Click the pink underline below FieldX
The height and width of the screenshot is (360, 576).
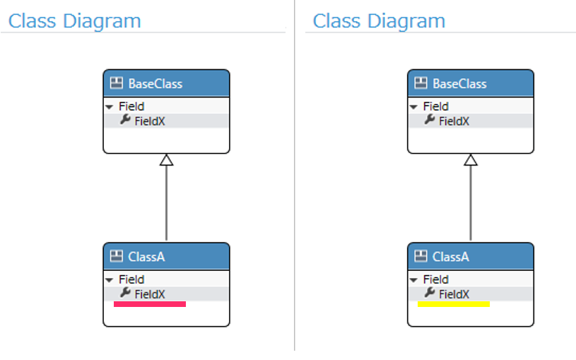click(x=150, y=304)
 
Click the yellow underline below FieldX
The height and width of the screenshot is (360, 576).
click(x=454, y=304)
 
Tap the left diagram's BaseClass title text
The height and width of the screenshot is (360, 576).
click(x=155, y=84)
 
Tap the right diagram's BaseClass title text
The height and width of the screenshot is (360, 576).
click(x=459, y=84)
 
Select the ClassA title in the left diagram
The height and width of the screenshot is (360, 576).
click(x=146, y=257)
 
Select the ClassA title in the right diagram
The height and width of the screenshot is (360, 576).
click(x=451, y=257)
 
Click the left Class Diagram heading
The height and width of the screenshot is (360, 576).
click(x=75, y=21)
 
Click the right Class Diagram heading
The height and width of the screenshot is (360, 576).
click(x=379, y=21)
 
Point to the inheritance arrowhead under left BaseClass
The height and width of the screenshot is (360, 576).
click(x=166, y=160)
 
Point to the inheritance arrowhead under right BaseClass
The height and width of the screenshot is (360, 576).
click(x=471, y=160)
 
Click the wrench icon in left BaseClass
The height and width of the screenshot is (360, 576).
click(x=125, y=120)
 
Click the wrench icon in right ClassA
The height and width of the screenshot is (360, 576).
click(x=430, y=293)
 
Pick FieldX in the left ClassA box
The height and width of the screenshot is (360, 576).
click(x=150, y=294)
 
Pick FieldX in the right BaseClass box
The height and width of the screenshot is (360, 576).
click(x=454, y=121)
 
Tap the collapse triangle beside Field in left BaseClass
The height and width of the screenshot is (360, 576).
click(x=109, y=107)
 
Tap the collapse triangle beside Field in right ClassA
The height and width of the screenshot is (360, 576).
click(x=413, y=280)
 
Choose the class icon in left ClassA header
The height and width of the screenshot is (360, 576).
click(x=117, y=256)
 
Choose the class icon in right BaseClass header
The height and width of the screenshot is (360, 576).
click(x=421, y=83)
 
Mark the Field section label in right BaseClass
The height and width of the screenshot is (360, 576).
click(x=435, y=106)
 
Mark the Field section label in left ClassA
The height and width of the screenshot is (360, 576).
click(x=131, y=279)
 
